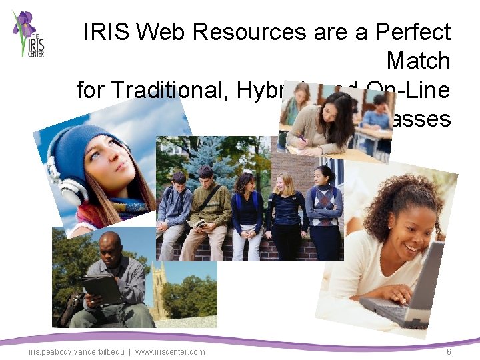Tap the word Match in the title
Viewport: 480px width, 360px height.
pos(419,61)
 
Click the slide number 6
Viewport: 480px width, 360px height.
pos(449,351)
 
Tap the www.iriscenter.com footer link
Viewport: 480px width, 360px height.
pos(170,351)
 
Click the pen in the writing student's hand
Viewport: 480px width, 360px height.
pos(301,137)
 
